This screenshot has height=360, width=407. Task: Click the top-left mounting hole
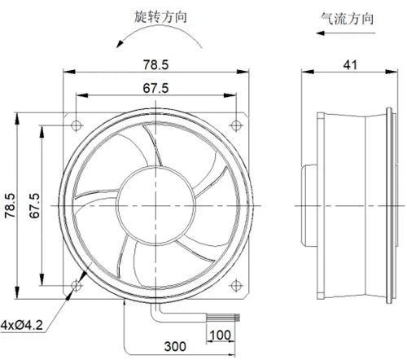coord(77,125)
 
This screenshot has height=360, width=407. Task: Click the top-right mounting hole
coord(235,125)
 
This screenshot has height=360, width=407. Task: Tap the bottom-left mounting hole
coord(77,285)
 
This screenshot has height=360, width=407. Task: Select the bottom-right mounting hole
coord(235,285)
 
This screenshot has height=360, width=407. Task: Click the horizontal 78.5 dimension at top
coord(155,64)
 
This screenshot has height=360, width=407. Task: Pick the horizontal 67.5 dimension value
coord(155,88)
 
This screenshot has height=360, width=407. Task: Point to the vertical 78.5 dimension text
coord(11,205)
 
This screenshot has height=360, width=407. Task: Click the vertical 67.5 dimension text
coord(34,205)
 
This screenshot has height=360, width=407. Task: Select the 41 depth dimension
coord(350,65)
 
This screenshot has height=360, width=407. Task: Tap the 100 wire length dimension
coord(221,335)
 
